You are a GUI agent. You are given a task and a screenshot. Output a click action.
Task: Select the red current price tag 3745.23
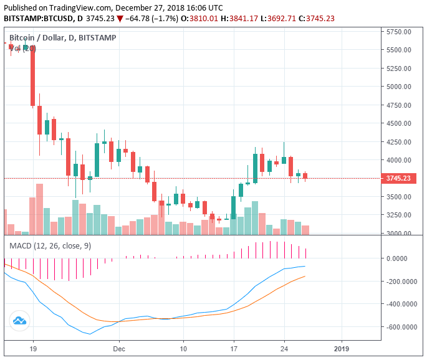[398, 179]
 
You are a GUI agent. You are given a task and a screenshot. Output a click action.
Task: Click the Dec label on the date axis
[120, 349]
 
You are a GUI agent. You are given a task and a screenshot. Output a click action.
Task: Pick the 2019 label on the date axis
[342, 349]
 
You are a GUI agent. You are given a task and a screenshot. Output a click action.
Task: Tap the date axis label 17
[234, 349]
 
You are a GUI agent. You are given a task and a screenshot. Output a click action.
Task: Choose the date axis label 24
[284, 349]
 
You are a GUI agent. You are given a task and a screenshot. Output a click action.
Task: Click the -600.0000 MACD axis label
[402, 327]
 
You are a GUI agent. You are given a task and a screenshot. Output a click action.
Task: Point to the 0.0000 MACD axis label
[404, 258]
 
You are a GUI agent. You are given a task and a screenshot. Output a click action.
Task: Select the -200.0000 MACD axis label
[402, 282]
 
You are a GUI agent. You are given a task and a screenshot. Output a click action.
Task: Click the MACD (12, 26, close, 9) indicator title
[50, 246]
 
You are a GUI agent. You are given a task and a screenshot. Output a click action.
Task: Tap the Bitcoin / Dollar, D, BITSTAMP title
[62, 38]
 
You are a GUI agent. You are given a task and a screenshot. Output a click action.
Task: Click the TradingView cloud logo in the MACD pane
[19, 321]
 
